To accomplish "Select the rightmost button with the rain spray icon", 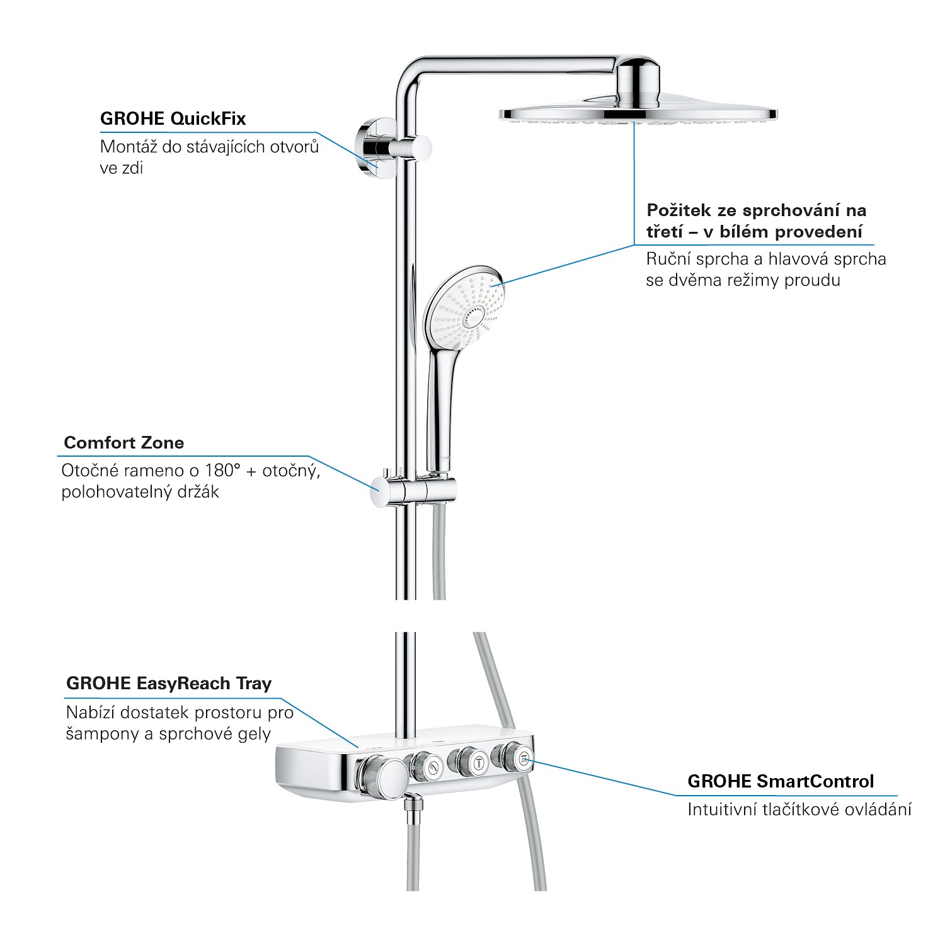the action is coord(523,760).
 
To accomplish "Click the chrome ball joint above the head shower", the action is coord(639,81).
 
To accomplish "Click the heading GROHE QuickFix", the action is coord(173,118).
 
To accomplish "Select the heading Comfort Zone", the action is coord(124,443).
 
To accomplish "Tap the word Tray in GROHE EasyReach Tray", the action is coord(254,684).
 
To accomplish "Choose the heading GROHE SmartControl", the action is coord(781,782).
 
